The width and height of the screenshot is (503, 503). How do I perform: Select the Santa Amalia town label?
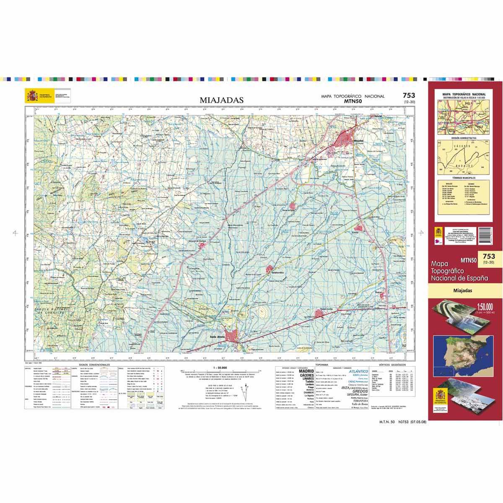[x=218, y=336]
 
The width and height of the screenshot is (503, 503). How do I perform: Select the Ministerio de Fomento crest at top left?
[x=32, y=96]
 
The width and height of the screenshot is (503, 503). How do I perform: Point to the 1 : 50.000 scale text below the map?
[x=220, y=367]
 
